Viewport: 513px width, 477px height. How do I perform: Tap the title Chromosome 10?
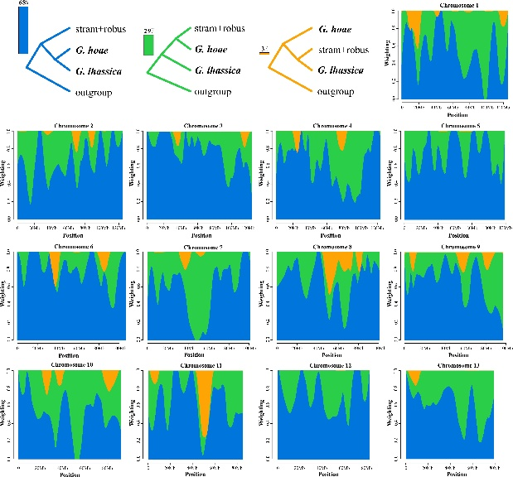(x=67, y=365)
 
